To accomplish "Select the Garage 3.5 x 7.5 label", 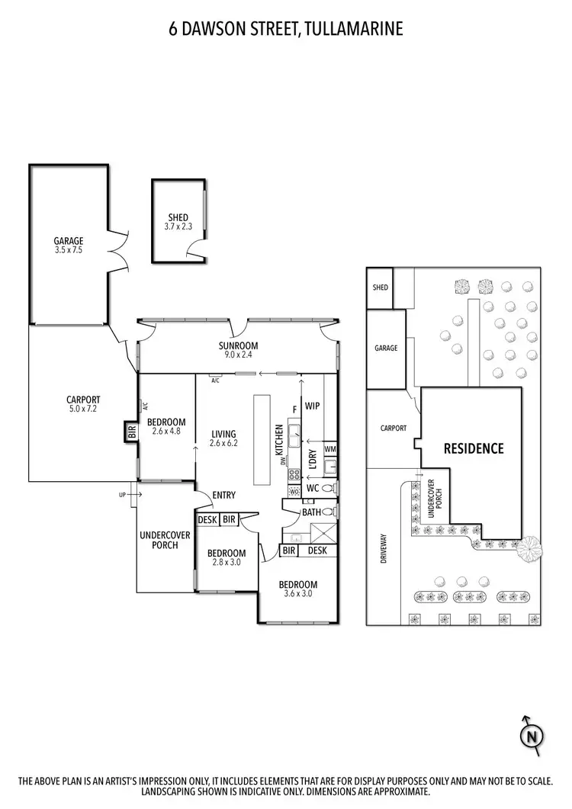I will pos(68,245).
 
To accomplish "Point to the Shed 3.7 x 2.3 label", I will pos(177,222).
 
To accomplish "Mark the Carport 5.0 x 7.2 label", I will pos(83,404).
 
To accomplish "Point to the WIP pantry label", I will pos(312,406).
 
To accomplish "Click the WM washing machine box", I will pos(329,450).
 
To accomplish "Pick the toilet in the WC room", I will pos(329,488).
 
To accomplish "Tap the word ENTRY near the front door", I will pos(224,496).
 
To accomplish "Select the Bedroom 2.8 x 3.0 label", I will pos(227,557).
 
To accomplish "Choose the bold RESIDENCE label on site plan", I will pos(474,448).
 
